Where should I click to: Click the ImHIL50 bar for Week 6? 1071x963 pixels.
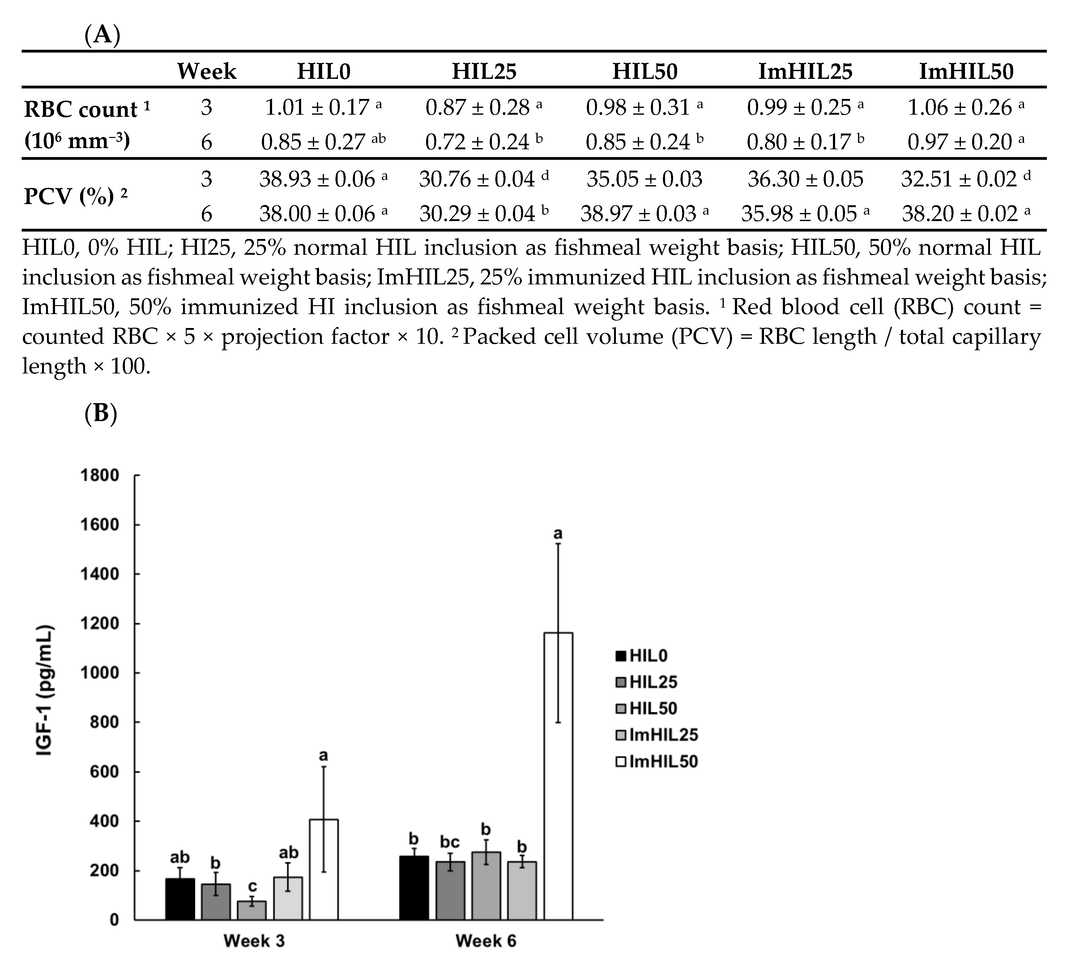pyautogui.click(x=558, y=775)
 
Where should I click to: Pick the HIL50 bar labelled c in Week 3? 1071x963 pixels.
pyautogui.click(x=251, y=910)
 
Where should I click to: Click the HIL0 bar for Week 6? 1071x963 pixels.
pyautogui.click(x=414, y=888)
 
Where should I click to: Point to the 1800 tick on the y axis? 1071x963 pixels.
pyautogui.click(x=100, y=475)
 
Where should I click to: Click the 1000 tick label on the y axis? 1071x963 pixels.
pyautogui.click(x=100, y=673)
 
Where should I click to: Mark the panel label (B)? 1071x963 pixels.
pyautogui.click(x=100, y=414)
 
